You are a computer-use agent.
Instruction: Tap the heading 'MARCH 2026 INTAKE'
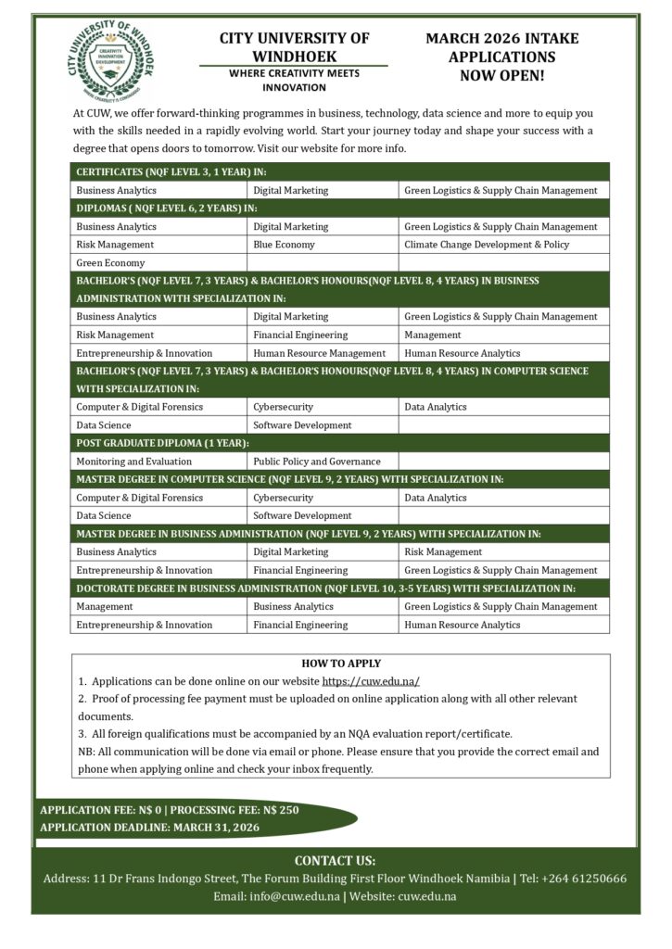tap(501, 38)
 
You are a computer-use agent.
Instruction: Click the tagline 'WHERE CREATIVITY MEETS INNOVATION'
tap(294, 80)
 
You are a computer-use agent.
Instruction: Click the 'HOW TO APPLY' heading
tap(340, 664)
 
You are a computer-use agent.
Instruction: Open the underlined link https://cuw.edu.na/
tap(371, 681)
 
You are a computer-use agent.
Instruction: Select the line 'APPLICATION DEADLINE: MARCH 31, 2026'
tap(150, 827)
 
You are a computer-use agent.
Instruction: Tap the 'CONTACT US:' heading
tap(335, 860)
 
